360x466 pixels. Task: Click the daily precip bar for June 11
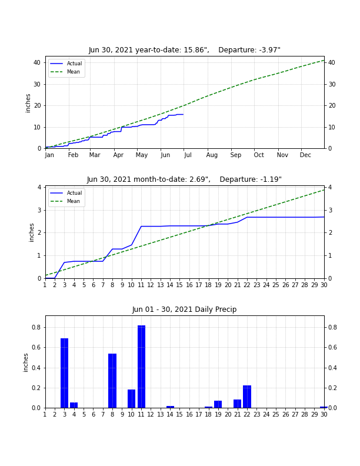(141, 367)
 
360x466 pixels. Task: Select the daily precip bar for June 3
(65, 373)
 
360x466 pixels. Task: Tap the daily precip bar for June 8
(112, 381)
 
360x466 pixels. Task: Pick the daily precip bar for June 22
(247, 397)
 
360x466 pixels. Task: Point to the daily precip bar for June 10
(131, 398)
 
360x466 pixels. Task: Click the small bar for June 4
(74, 405)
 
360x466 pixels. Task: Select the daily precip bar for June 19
(218, 404)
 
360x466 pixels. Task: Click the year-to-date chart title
(185, 50)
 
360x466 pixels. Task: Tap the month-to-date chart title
(184, 179)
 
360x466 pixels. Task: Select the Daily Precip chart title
(185, 309)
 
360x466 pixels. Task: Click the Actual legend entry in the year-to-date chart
(66, 64)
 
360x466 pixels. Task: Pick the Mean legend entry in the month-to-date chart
(65, 201)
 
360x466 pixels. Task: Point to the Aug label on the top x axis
(212, 155)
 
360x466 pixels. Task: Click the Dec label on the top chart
(305, 155)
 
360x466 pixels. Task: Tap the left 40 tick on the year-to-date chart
(37, 63)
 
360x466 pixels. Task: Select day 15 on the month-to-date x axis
(179, 285)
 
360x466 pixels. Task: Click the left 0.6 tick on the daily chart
(36, 347)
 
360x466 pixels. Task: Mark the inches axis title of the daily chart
(25, 362)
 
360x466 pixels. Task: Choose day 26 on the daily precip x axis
(285, 414)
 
